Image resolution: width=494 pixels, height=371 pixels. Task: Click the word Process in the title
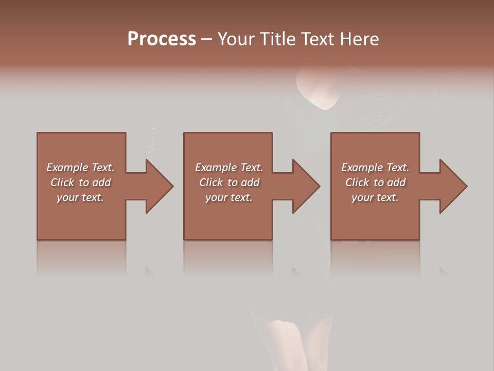(162, 39)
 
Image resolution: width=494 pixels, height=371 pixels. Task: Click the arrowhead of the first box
(157, 186)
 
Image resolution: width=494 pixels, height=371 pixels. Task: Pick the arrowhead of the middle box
(305, 186)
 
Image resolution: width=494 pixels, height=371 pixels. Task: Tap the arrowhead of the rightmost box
(452, 186)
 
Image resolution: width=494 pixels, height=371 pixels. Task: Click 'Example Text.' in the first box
(80, 167)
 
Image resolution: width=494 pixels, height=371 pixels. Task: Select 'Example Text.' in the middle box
(229, 167)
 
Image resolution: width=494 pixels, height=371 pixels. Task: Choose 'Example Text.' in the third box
(375, 167)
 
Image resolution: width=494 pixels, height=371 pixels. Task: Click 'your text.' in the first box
(80, 197)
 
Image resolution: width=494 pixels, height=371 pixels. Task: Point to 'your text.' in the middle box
(229, 197)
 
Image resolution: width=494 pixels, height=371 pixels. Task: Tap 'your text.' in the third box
(375, 197)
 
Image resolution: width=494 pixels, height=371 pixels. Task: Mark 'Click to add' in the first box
(80, 182)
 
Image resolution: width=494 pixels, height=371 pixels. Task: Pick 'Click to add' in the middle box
(229, 182)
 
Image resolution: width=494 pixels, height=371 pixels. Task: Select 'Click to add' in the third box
(375, 182)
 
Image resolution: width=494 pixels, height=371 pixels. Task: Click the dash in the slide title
(207, 39)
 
